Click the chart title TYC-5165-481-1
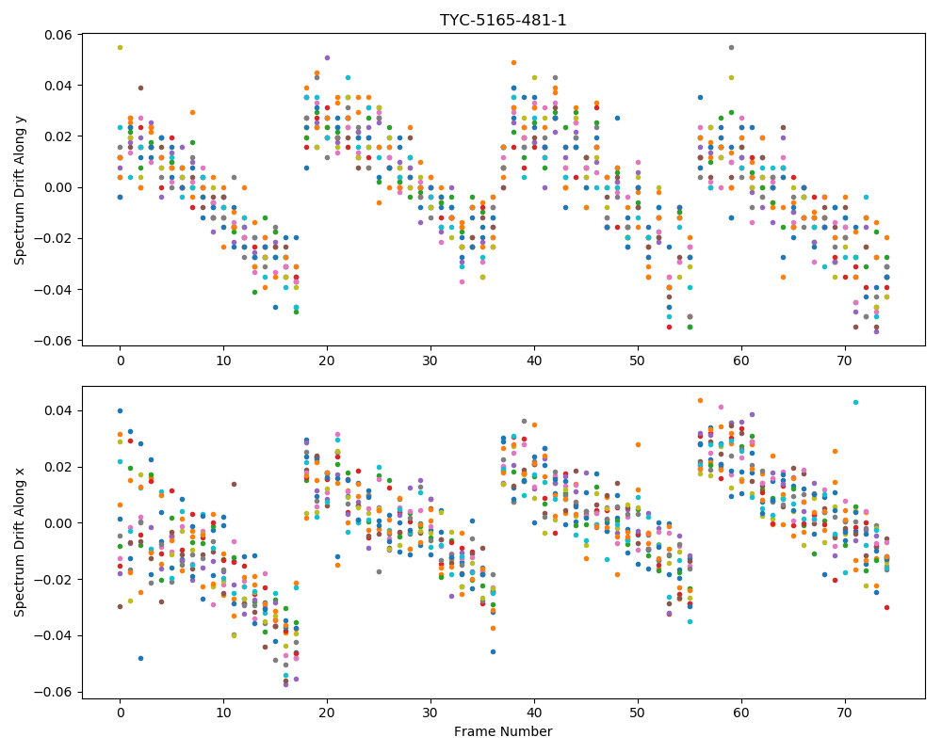pos(503,21)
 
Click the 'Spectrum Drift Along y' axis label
pos(20,190)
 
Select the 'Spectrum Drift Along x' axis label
pos(20,541)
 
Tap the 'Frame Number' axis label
pos(503,731)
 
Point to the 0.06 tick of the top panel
pos(57,35)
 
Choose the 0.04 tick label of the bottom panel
pos(57,410)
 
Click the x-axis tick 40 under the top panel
pos(534,360)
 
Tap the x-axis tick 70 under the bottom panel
pos(845,713)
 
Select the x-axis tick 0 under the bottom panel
pos(121,713)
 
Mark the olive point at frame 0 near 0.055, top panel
pos(121,47)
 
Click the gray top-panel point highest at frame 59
pos(731,47)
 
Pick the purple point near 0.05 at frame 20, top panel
pos(328,57)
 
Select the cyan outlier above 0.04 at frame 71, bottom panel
pos(855,402)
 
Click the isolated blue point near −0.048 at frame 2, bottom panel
pos(140,658)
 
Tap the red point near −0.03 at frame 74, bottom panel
pos(886,608)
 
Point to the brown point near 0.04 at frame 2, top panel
pos(140,88)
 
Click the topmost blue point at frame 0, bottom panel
pos(121,410)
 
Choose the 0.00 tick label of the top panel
pos(57,187)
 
